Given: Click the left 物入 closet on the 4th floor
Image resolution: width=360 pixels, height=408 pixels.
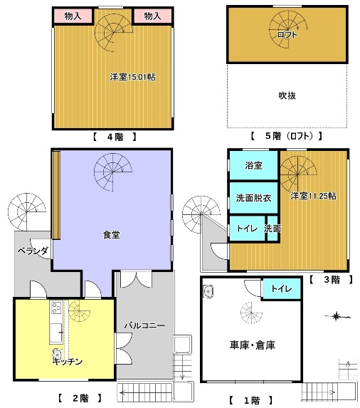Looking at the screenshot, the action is (x=73, y=16).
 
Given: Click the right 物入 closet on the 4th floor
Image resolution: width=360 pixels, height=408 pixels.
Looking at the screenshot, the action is (x=152, y=16).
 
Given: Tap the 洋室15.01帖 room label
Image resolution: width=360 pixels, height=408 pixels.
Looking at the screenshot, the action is (x=132, y=77).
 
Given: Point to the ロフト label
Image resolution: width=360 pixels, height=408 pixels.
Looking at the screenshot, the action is (x=287, y=35).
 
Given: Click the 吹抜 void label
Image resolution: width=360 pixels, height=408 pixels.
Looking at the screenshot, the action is (x=287, y=95).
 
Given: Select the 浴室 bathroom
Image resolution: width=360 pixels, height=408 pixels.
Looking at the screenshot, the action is (x=253, y=165).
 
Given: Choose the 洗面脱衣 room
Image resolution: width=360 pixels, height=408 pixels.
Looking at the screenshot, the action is (x=253, y=198).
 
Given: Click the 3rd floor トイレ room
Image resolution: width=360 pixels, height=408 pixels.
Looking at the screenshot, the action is (x=247, y=229).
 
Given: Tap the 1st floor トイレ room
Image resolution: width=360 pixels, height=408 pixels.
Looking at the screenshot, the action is (x=282, y=288).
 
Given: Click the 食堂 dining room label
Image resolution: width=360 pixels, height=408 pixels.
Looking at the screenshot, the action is (x=112, y=235).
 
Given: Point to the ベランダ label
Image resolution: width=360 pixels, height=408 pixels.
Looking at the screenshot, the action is (x=33, y=251).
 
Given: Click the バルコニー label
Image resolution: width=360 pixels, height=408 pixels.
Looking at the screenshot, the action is (x=144, y=325).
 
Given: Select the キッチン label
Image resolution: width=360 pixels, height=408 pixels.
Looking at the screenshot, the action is (x=68, y=362).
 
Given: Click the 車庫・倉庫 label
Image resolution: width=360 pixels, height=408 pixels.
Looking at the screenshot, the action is (x=253, y=345).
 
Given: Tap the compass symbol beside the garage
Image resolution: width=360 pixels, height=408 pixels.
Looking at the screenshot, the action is (x=337, y=317).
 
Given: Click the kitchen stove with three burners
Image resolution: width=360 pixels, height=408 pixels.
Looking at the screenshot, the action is (x=56, y=308).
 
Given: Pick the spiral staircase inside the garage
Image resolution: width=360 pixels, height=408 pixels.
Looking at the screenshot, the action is (x=251, y=313).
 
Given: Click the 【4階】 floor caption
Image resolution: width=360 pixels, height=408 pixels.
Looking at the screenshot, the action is (x=115, y=137).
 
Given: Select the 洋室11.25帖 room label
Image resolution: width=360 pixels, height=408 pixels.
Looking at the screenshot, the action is (x=313, y=196).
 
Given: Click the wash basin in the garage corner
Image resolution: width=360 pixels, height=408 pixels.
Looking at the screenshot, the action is (x=208, y=291).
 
